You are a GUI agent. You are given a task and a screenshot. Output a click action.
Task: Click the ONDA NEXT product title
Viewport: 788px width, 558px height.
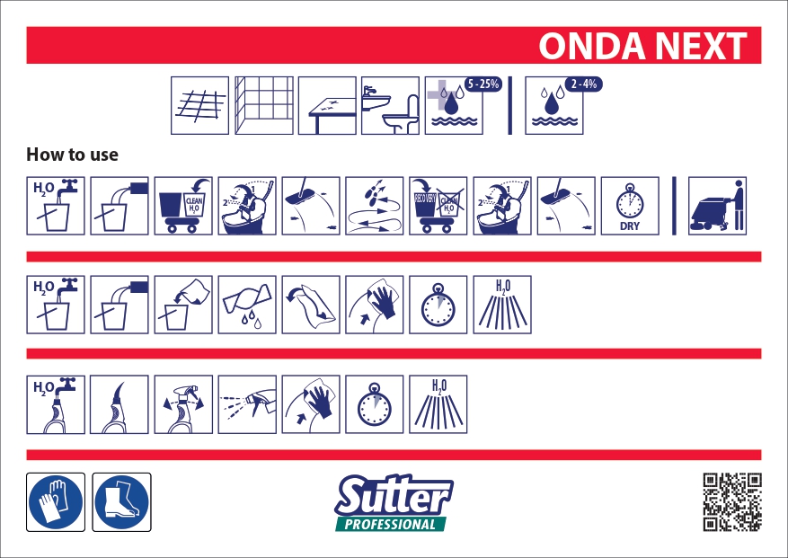[x=643, y=46]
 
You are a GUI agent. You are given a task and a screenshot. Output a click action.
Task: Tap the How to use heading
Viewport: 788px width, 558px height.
[x=73, y=155]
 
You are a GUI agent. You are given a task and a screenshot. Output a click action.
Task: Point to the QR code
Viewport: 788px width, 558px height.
[x=732, y=501]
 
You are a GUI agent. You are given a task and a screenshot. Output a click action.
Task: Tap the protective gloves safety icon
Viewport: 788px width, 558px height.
[x=56, y=501]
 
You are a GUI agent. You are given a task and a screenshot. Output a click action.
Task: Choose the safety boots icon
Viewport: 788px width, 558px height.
[x=122, y=501]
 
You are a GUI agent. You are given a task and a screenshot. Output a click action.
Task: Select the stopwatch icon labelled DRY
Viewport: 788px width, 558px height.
[x=629, y=206]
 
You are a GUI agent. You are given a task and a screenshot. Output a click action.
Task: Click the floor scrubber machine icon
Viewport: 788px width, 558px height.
[x=718, y=206]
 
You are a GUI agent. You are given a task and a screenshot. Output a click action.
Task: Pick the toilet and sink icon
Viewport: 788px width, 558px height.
[x=390, y=106]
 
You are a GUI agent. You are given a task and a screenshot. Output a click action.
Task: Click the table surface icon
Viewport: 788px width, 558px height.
[x=327, y=106]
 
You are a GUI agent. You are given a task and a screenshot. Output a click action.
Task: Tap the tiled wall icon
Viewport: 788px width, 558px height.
[x=263, y=106]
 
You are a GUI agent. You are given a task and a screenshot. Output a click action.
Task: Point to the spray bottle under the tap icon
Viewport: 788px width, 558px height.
[x=56, y=404]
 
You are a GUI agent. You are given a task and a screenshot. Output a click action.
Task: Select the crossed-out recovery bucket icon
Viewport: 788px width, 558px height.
[x=438, y=206]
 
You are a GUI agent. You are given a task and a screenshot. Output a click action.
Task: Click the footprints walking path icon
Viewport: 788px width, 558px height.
[x=374, y=206]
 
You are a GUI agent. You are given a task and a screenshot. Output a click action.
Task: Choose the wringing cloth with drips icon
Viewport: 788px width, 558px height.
[x=246, y=305]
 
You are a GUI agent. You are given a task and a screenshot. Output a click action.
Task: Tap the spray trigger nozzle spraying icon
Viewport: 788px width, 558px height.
[x=246, y=404]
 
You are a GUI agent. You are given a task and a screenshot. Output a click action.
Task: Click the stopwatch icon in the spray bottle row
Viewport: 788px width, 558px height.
[x=374, y=404]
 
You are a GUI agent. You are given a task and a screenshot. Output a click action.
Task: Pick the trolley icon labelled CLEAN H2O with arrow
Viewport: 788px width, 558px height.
[x=183, y=206]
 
